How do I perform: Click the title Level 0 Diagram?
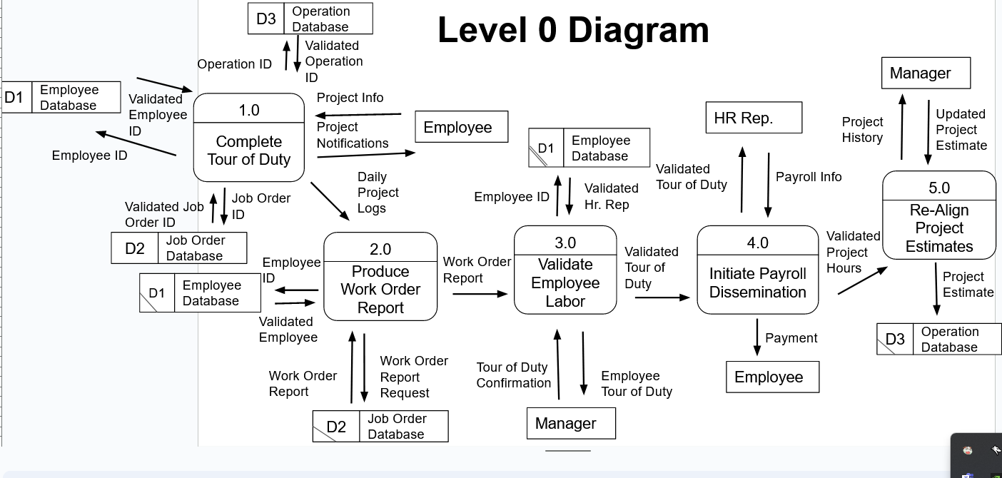(573, 30)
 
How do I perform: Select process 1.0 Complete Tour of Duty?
(248, 138)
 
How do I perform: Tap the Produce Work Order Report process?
(380, 277)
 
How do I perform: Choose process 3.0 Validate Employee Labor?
(565, 270)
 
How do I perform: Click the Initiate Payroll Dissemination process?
(757, 270)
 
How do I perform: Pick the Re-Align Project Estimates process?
(938, 215)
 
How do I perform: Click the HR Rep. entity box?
(754, 118)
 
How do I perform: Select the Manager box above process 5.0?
(926, 73)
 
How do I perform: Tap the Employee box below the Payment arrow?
(772, 377)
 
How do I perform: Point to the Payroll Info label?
(809, 177)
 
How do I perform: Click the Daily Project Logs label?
(378, 193)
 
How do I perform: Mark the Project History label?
(862, 130)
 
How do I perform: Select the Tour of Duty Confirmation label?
(513, 375)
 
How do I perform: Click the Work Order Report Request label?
(414, 377)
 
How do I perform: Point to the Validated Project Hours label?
(853, 252)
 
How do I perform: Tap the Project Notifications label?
(353, 135)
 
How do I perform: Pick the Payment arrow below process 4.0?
(757, 337)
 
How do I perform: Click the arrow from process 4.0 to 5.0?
(863, 280)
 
